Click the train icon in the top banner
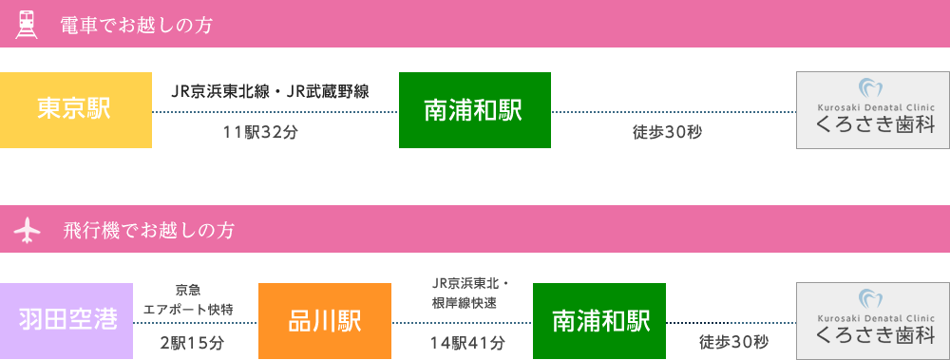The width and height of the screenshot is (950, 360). click(x=28, y=24)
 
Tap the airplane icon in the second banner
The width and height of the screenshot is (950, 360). click(x=28, y=229)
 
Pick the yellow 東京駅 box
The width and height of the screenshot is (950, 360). click(x=75, y=109)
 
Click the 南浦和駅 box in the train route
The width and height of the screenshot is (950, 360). click(x=474, y=110)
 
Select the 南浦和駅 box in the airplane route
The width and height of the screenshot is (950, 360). click(x=599, y=320)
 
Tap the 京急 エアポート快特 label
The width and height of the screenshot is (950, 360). click(x=188, y=299)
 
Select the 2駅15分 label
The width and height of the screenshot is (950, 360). click(x=193, y=343)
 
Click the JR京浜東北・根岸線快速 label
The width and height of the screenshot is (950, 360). click(x=470, y=293)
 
